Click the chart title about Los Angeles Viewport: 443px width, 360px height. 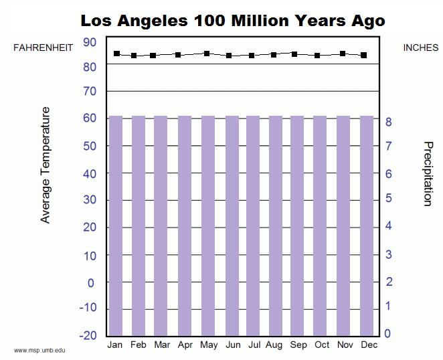[x=232, y=20]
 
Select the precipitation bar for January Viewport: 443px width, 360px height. [x=116, y=225]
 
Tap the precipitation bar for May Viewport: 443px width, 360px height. [x=208, y=225]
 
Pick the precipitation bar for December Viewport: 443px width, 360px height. [x=367, y=225]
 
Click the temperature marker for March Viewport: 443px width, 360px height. [x=153, y=56]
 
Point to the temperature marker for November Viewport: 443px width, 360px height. [x=343, y=54]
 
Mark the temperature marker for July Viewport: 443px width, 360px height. [x=252, y=56]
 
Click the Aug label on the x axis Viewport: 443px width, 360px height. [x=274, y=345]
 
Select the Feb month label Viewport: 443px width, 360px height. [x=139, y=345]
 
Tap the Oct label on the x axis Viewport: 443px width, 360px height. [x=322, y=345]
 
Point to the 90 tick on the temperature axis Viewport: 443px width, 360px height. [x=90, y=42]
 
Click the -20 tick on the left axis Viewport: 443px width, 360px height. [x=88, y=335]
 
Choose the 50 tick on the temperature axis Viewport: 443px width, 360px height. [x=90, y=146]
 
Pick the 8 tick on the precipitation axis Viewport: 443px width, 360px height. [x=388, y=122]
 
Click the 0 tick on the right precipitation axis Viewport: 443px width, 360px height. [x=388, y=334]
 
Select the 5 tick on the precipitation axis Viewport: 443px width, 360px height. [x=388, y=199]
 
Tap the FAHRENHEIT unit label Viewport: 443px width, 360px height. [x=43, y=48]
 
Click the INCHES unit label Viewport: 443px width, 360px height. [x=421, y=48]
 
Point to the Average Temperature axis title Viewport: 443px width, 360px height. [x=46, y=165]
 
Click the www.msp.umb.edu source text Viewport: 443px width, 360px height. [x=39, y=350]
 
